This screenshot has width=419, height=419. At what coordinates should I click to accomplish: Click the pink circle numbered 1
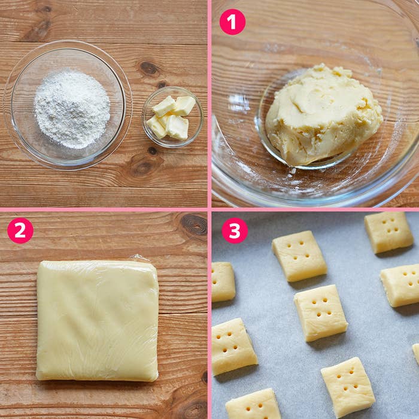(232, 22)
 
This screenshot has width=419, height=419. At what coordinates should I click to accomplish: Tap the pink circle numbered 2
(20, 230)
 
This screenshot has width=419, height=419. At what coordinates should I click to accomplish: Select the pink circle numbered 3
(235, 230)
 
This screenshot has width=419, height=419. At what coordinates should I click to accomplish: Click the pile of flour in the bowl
(72, 109)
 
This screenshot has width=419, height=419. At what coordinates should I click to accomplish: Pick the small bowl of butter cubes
(172, 117)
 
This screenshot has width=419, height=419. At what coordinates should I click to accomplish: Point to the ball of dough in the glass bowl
(324, 114)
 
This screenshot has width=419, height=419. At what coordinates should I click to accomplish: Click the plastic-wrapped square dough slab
(97, 320)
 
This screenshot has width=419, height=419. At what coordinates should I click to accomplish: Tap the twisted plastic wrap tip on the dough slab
(139, 257)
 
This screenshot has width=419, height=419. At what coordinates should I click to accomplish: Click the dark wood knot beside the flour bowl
(148, 68)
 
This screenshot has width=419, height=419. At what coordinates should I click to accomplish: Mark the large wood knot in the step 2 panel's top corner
(195, 224)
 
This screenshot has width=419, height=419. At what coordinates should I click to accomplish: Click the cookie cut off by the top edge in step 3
(389, 232)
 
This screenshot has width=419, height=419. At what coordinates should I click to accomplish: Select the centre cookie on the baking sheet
(321, 313)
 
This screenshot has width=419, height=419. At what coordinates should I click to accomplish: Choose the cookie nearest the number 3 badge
(299, 256)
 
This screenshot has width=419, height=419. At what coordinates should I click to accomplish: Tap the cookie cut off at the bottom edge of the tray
(253, 404)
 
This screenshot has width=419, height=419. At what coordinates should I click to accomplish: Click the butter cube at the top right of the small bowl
(184, 105)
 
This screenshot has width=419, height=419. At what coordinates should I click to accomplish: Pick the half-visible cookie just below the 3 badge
(223, 282)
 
